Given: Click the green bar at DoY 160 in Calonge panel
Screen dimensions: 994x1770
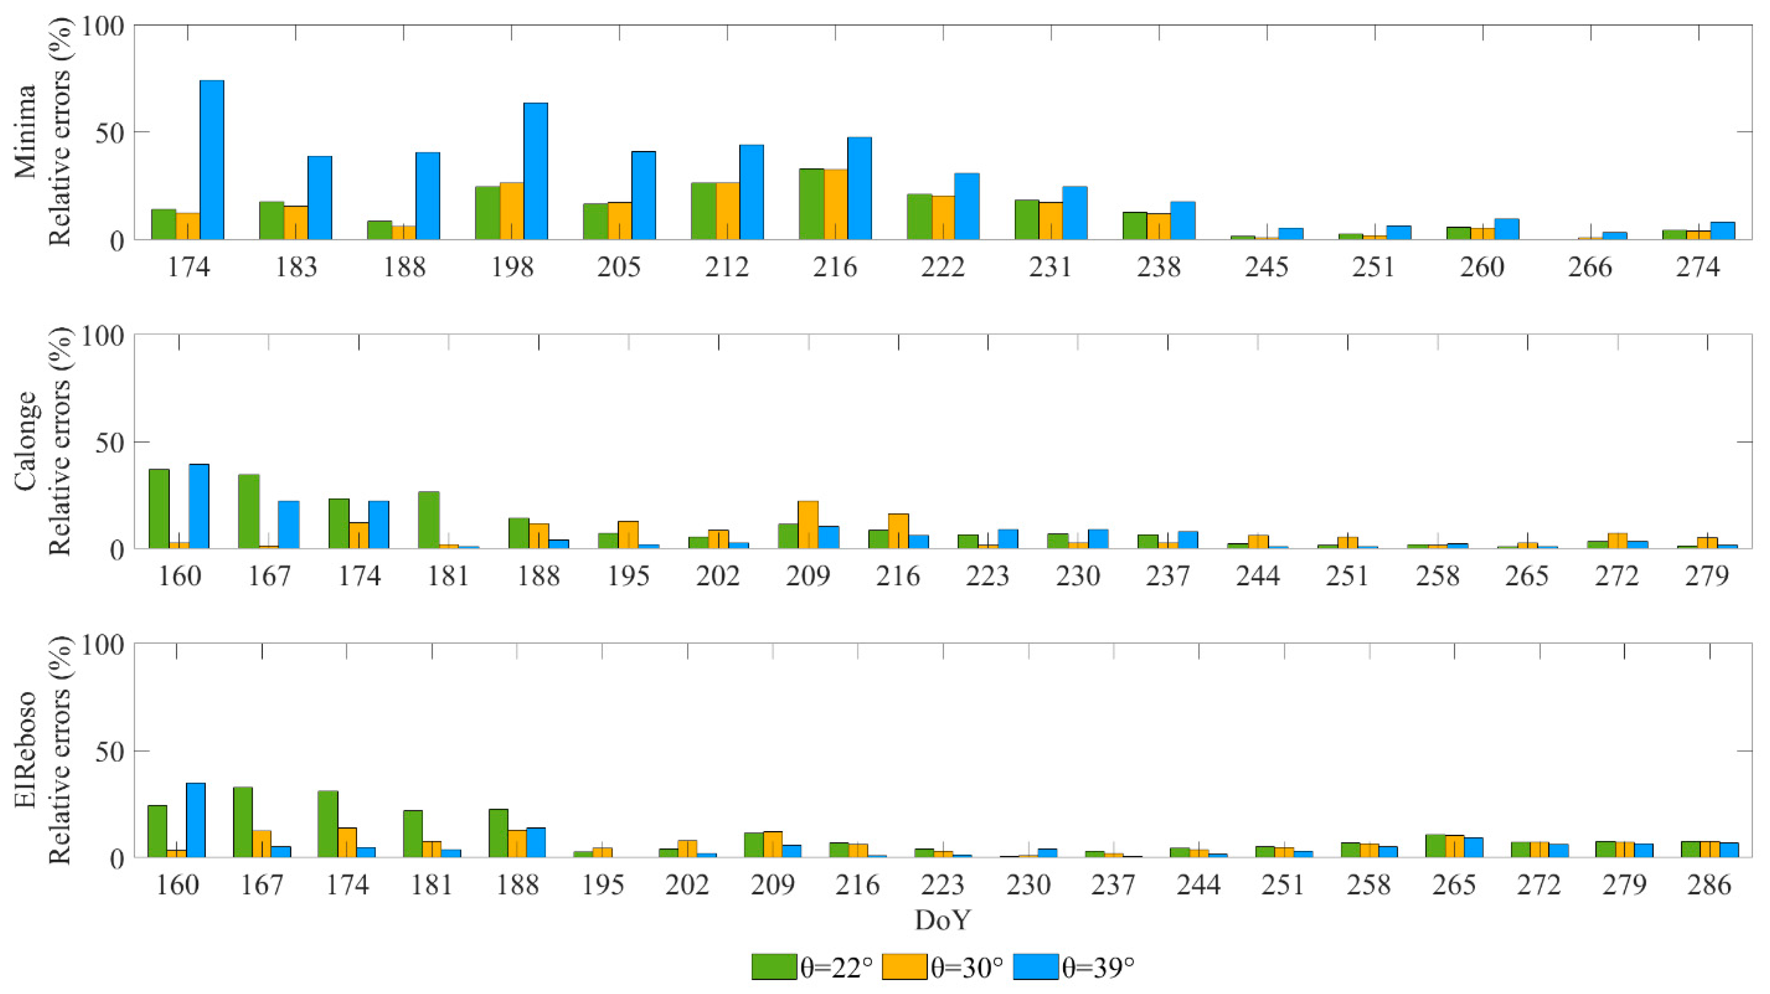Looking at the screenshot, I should click(x=159, y=509).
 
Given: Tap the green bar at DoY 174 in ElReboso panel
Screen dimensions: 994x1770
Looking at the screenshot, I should click(x=328, y=824).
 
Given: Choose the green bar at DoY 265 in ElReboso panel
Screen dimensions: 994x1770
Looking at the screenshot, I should click(x=1435, y=846).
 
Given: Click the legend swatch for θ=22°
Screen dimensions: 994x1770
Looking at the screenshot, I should click(x=775, y=966).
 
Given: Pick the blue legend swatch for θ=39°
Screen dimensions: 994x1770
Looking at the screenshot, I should click(x=1035, y=966).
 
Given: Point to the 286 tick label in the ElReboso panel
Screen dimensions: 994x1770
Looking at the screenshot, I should click(x=1709, y=885).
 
